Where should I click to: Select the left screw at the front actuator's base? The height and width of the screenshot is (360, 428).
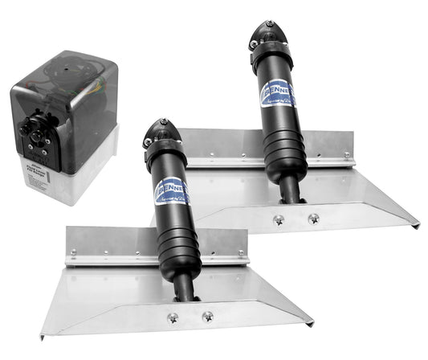[173, 317]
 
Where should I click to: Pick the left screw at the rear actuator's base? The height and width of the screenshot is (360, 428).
[279, 219]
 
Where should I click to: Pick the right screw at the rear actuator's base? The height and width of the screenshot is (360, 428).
[312, 218]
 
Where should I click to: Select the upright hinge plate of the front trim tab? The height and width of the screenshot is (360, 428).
[96, 246]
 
